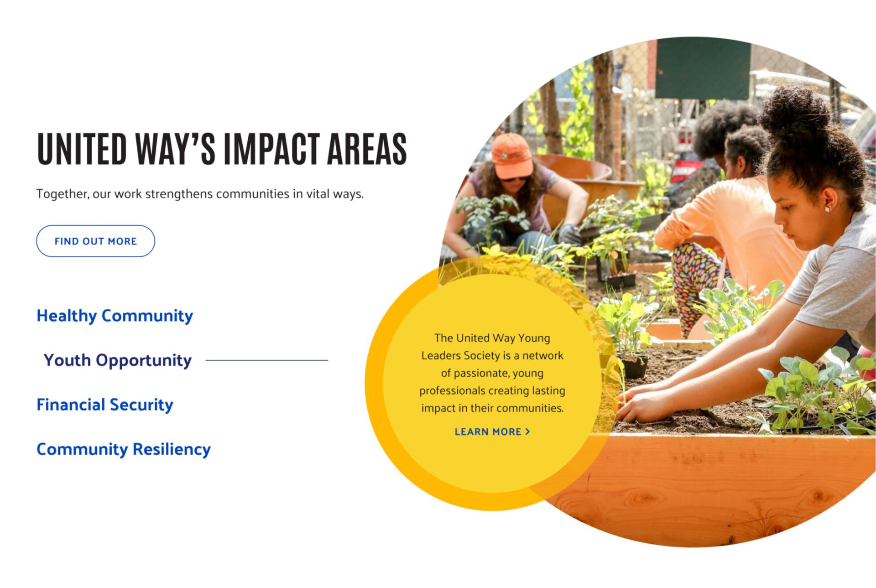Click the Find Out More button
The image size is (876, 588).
pyautogui.click(x=95, y=241)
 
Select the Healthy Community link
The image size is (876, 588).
pyautogui.click(x=115, y=316)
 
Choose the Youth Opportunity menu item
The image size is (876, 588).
pyautogui.click(x=117, y=360)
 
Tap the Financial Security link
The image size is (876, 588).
pyautogui.click(x=105, y=405)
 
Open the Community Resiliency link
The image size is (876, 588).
pyautogui.click(x=124, y=449)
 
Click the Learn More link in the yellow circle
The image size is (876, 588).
pyautogui.click(x=492, y=432)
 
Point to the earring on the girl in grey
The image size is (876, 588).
pyautogui.click(x=827, y=209)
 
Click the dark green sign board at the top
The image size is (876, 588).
pyautogui.click(x=703, y=68)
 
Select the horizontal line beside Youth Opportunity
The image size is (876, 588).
pyautogui.click(x=267, y=360)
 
